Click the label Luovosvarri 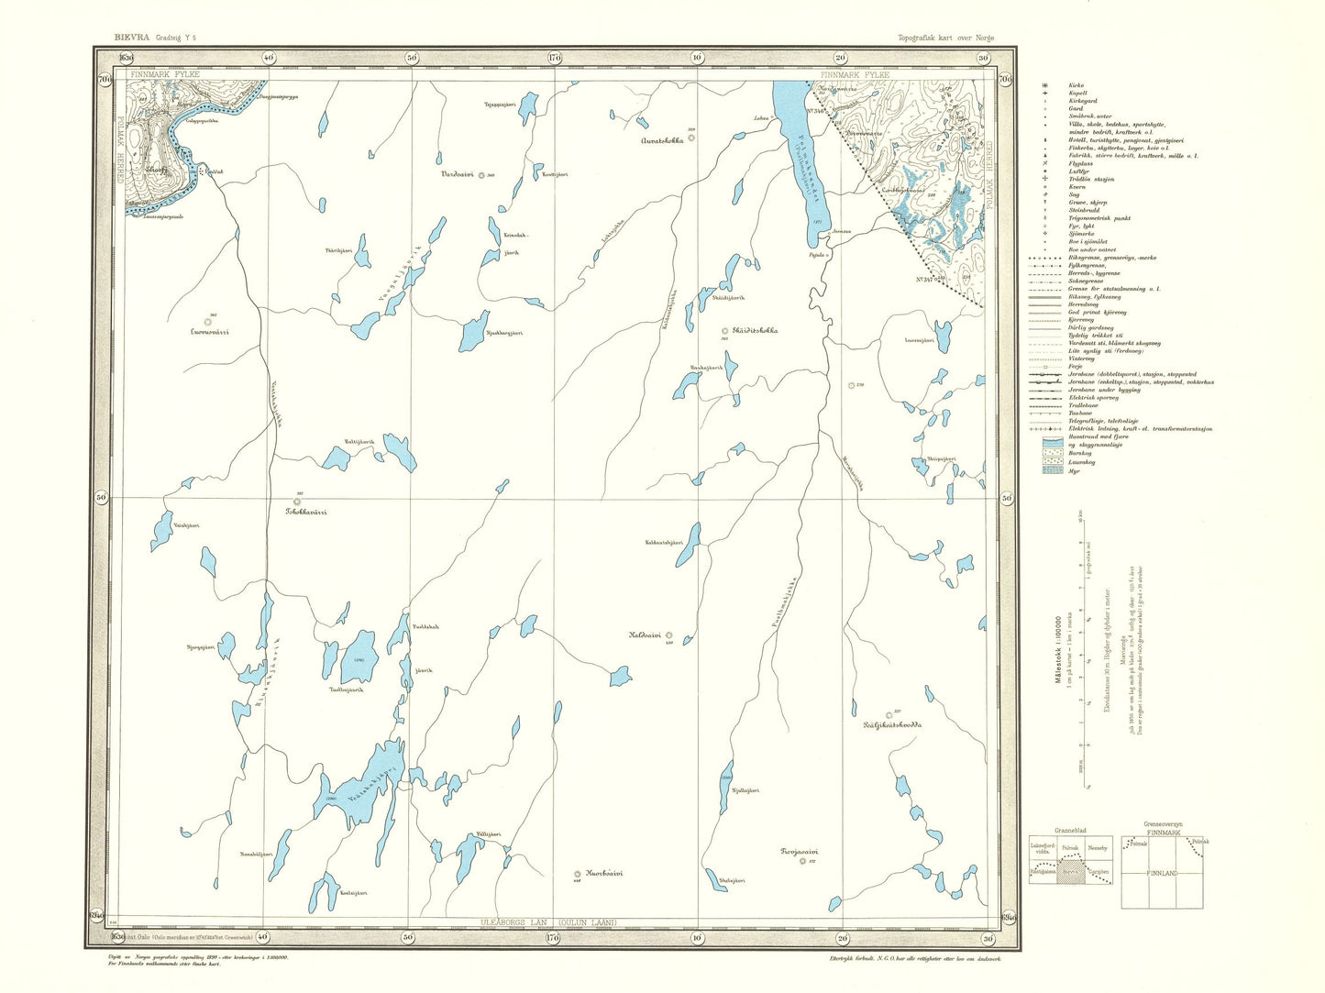[x=208, y=332]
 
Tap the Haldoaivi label [x=645, y=634]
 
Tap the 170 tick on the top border [x=554, y=57]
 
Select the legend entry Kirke [x=1076, y=85]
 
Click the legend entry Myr [x=1073, y=471]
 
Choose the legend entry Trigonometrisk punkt [x=1099, y=218]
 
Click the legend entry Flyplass [x=1081, y=163]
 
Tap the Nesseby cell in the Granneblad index [x=1098, y=847]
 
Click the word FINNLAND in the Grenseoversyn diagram [x=1161, y=874]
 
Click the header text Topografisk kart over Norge [x=945, y=39]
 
